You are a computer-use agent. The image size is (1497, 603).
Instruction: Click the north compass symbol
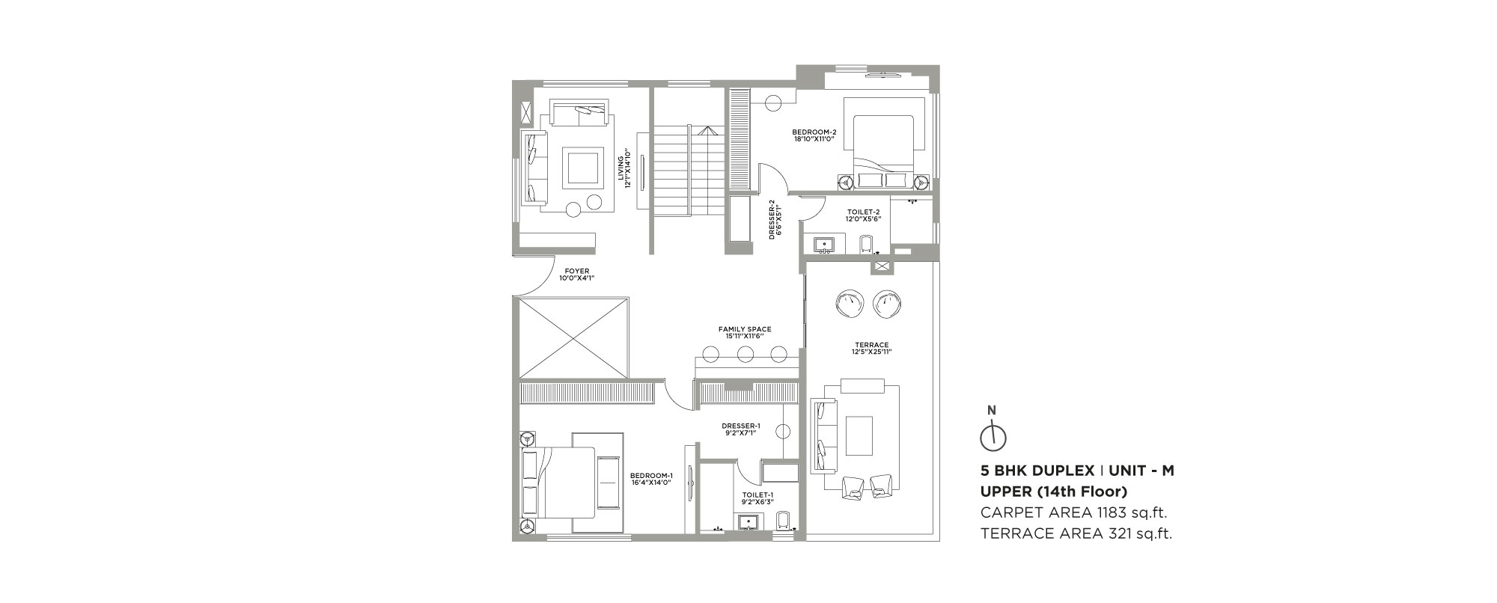point(993,437)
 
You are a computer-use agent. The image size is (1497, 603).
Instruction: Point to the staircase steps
point(689,170)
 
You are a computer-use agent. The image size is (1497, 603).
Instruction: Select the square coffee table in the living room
point(582,168)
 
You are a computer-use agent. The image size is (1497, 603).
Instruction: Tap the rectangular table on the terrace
point(859,435)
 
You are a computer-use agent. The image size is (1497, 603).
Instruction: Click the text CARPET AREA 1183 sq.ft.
point(1074,512)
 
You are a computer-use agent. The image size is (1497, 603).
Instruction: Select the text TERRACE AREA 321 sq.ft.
point(1076,533)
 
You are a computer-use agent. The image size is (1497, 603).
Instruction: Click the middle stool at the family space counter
point(745,354)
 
